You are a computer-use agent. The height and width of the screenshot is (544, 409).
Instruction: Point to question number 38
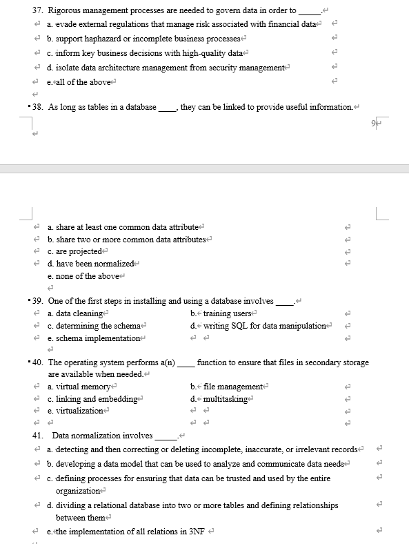click(39, 107)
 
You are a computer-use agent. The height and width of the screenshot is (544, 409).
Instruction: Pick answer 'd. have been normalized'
click(90, 264)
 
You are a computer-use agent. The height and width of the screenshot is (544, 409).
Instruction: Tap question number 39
click(39, 301)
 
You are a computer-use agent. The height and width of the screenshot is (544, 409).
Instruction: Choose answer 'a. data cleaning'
click(78, 313)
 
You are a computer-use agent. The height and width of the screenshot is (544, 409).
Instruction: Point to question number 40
click(39, 362)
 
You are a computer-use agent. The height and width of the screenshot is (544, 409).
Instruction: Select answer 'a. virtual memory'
click(81, 387)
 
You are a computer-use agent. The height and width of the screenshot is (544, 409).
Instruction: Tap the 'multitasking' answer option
click(228, 400)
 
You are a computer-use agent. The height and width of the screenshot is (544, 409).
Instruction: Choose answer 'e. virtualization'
click(79, 412)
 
